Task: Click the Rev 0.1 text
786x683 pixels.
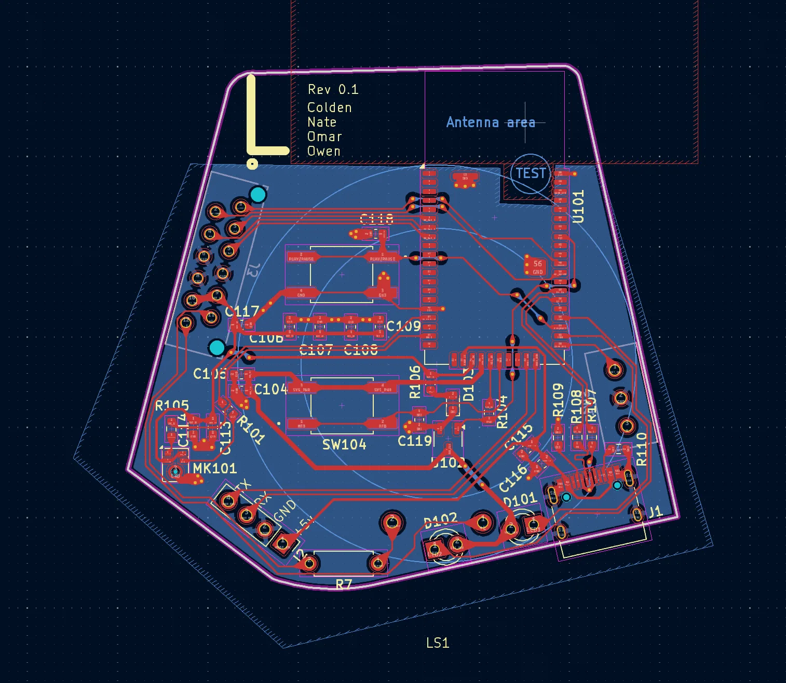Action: pos(333,90)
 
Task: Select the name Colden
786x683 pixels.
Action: pos(329,108)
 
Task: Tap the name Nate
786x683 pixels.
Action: pos(322,122)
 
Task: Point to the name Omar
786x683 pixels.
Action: pos(324,137)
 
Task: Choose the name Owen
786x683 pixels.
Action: pos(323,152)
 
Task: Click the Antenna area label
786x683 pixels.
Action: pos(490,122)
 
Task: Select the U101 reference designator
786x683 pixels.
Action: pos(578,206)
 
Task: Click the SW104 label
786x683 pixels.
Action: pos(344,445)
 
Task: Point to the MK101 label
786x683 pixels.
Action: pos(215,469)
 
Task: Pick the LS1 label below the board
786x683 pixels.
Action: pos(437,643)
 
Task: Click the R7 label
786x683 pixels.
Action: pos(344,585)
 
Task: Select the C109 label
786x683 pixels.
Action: pos(403,326)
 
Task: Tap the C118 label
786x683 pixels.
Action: pos(376,219)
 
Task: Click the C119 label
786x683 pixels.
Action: pos(415,441)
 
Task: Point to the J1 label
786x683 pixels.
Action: pos(655,512)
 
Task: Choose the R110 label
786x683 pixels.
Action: pos(642,449)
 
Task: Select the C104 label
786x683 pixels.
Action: pos(270,390)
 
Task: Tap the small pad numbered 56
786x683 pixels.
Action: pos(537,264)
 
